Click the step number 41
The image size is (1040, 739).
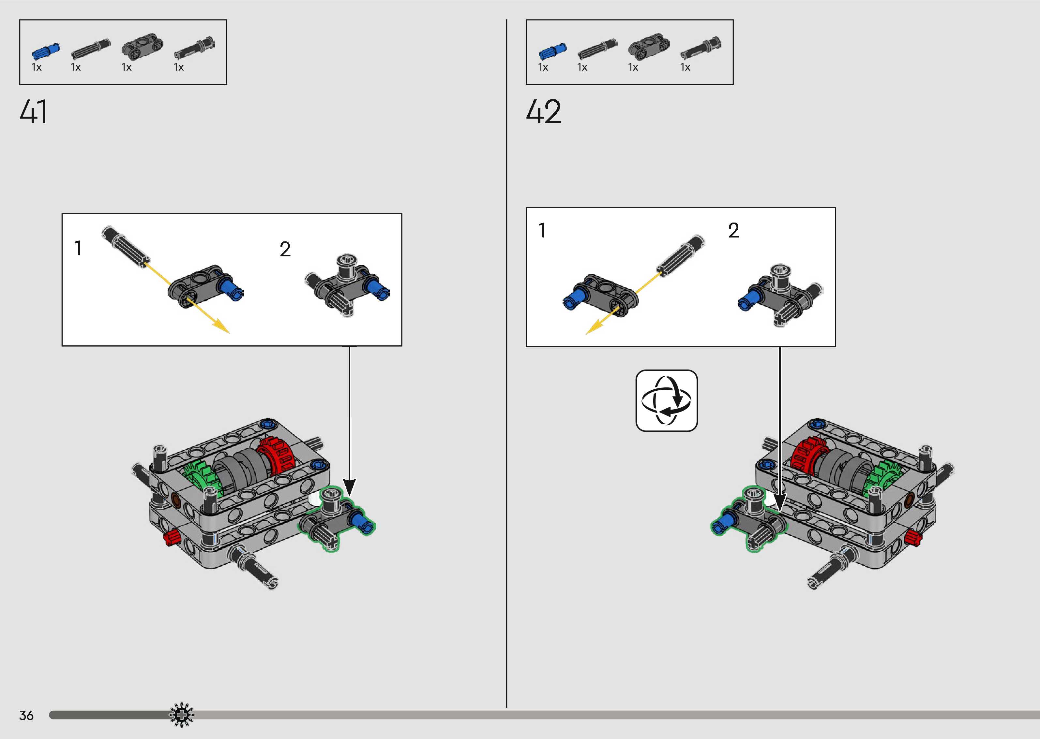point(33,112)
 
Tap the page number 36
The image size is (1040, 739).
point(26,715)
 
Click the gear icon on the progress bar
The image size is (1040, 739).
point(181,715)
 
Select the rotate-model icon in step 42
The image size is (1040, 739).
point(666,400)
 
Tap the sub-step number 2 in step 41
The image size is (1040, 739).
point(285,249)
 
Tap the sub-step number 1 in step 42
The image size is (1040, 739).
point(542,230)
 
